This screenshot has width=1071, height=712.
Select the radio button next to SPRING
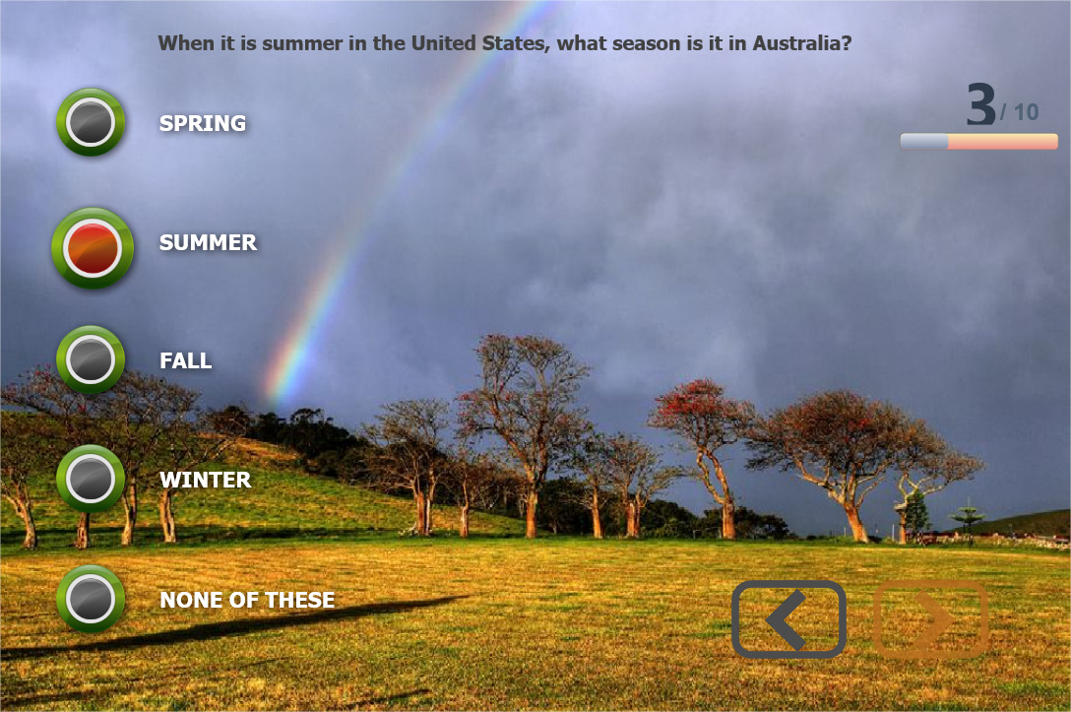(x=91, y=122)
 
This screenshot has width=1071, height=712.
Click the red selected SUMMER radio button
(x=93, y=248)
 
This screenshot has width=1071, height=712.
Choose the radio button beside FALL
(x=91, y=359)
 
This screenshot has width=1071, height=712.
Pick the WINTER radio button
(x=91, y=479)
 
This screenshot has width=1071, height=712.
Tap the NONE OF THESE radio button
(x=91, y=599)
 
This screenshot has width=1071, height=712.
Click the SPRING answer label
(x=203, y=123)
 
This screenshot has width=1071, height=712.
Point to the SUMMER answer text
(x=209, y=242)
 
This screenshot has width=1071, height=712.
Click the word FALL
(x=186, y=360)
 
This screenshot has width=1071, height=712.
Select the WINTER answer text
(x=206, y=480)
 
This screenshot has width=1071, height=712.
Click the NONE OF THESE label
(x=247, y=600)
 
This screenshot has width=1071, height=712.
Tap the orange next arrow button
(x=930, y=619)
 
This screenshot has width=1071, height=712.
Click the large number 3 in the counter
(x=980, y=104)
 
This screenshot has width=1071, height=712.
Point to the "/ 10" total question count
(x=1019, y=112)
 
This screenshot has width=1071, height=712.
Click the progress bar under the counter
(x=978, y=142)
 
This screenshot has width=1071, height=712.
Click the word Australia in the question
(x=802, y=43)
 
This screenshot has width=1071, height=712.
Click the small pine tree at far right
(x=969, y=523)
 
